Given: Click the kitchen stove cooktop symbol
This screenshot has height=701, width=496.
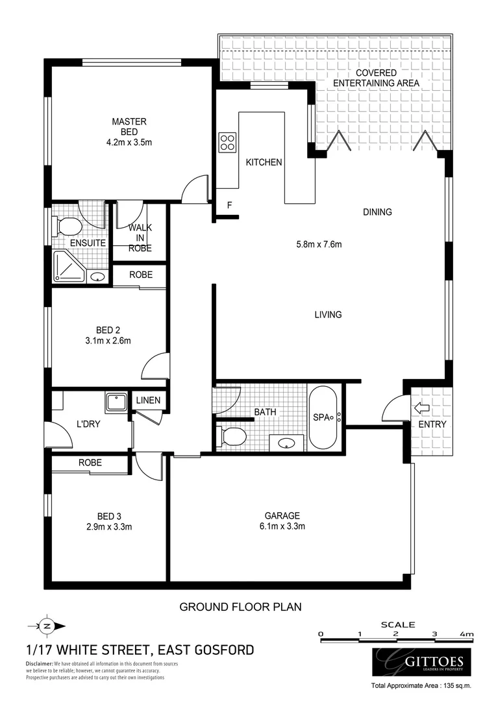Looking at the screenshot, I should click(x=227, y=141).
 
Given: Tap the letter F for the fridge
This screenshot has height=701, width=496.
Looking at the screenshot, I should click(x=229, y=206).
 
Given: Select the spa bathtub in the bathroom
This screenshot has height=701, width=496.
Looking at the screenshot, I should click(x=323, y=418).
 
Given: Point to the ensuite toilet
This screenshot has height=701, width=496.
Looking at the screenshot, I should click(x=68, y=227).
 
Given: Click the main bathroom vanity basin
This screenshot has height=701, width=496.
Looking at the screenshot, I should click(x=289, y=444).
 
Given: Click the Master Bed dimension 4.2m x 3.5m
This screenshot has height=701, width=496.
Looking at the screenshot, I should click(x=129, y=141).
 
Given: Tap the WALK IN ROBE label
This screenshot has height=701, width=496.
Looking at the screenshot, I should click(x=140, y=238).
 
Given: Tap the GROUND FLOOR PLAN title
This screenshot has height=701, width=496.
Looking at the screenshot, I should click(x=240, y=607).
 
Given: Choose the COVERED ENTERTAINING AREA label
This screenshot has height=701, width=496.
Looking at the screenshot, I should click(x=376, y=78).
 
